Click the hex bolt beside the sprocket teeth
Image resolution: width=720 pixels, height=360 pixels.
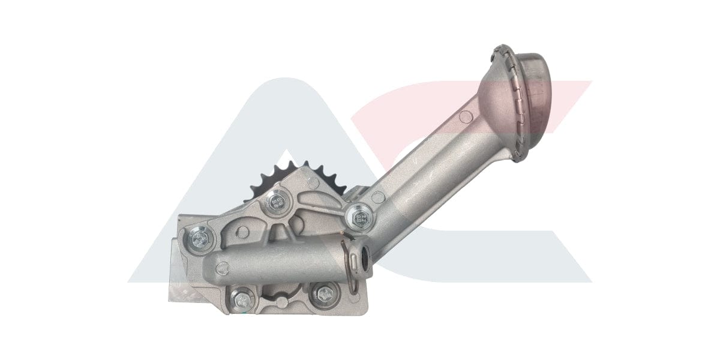point(277,200)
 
